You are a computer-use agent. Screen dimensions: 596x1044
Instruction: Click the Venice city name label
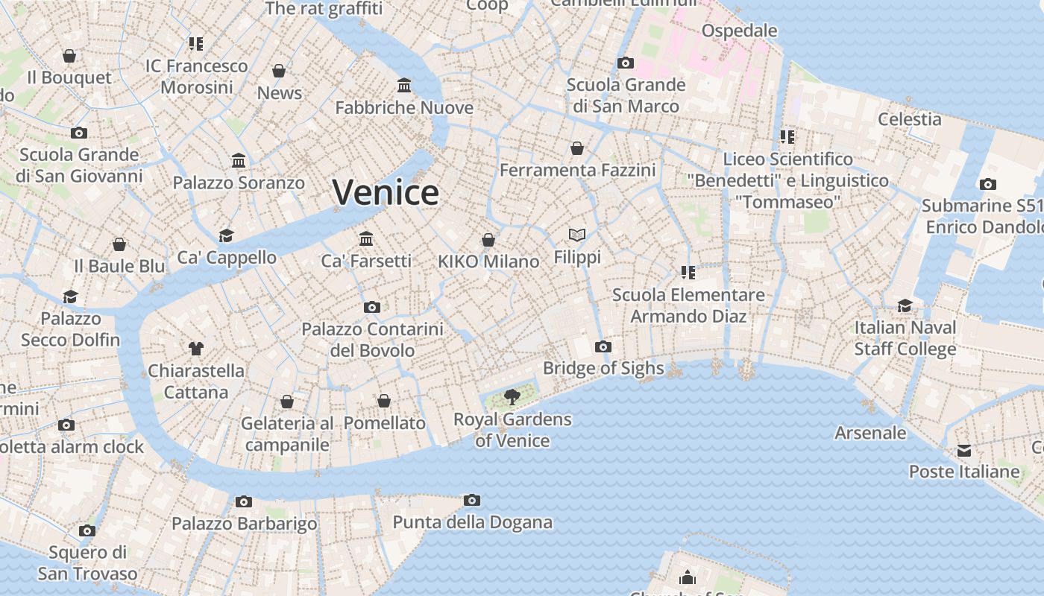[x=386, y=192]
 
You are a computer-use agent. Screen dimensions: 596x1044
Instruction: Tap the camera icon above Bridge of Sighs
[x=603, y=346]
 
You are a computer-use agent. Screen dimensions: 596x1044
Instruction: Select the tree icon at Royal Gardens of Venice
[x=512, y=396]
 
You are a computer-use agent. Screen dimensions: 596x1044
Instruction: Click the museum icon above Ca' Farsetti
[x=366, y=238]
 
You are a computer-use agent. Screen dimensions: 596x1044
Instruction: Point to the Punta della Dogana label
[x=472, y=522]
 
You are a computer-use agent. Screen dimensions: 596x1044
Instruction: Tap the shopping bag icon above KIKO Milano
[x=488, y=239]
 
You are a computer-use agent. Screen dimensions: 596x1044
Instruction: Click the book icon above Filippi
[x=577, y=235]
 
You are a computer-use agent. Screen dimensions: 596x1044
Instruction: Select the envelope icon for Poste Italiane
[x=964, y=450]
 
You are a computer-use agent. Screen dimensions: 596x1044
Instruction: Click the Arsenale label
[x=870, y=433]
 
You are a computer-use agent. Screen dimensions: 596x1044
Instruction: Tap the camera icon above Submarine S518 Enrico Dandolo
[x=988, y=184]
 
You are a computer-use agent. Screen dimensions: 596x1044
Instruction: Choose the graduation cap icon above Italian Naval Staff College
[x=905, y=305]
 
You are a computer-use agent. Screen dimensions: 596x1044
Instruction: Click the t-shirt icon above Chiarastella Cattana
[x=196, y=348]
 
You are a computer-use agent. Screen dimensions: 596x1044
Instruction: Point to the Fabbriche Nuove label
[x=404, y=108]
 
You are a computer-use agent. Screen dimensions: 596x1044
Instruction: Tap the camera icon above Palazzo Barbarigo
[x=244, y=501]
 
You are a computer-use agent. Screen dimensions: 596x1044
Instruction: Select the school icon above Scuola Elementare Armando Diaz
[x=688, y=273]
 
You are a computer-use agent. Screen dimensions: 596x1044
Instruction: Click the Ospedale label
[x=739, y=31]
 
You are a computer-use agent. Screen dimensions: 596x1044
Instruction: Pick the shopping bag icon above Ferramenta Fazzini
[x=577, y=148]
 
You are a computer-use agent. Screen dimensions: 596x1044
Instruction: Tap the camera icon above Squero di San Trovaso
[x=87, y=530]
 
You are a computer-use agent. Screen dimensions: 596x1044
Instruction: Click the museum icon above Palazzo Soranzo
[x=239, y=160]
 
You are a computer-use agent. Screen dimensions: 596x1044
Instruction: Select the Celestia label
[x=909, y=119]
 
